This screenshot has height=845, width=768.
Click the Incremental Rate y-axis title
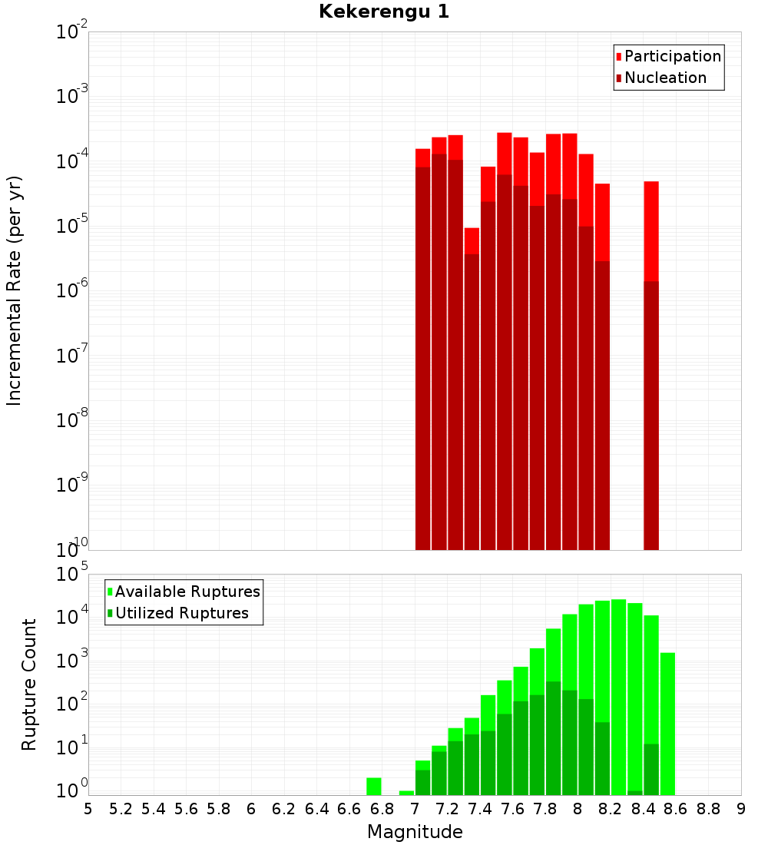click(15, 290)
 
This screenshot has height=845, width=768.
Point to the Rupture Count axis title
click(29, 684)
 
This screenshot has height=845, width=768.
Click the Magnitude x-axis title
click(415, 832)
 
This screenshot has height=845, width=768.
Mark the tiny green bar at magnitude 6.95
click(406, 793)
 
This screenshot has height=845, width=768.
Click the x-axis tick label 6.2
click(284, 809)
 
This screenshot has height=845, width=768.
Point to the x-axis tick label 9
click(741, 809)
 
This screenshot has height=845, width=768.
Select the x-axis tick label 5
click(88, 809)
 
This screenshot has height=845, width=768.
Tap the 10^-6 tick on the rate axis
click(72, 291)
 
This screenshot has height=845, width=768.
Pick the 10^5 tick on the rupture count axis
click(72, 575)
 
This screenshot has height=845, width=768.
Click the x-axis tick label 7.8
click(545, 809)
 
